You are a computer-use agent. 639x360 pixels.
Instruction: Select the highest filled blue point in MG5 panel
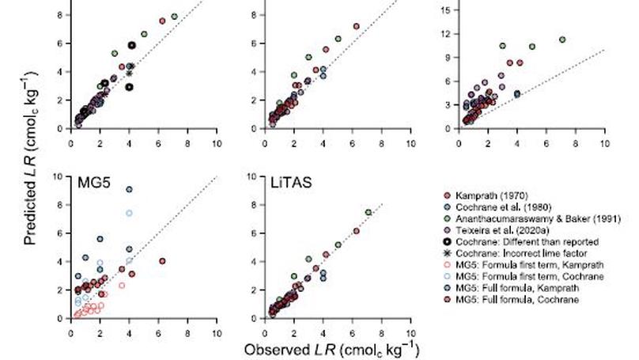pos(129,189)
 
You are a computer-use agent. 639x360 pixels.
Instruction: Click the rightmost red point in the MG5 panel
pos(162,260)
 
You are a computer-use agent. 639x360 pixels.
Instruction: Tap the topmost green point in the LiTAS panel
pos(368,212)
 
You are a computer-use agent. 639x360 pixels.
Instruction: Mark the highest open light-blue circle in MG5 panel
pos(129,213)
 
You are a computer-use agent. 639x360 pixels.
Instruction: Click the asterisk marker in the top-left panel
pos(129,73)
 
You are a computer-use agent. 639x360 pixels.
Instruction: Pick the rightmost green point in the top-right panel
pos(562,40)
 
